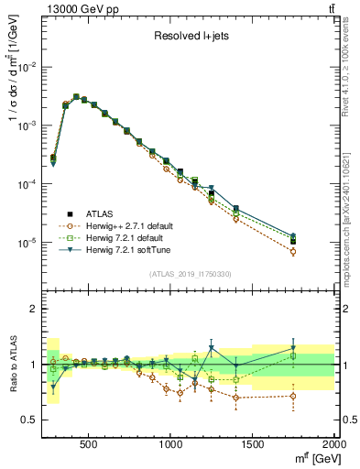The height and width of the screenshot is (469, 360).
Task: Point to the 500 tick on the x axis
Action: [89, 443]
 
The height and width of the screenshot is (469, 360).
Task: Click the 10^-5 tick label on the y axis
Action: [32, 244]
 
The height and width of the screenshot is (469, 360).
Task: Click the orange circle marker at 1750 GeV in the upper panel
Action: [293, 251]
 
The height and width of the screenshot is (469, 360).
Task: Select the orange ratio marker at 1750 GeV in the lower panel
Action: [293, 396]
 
